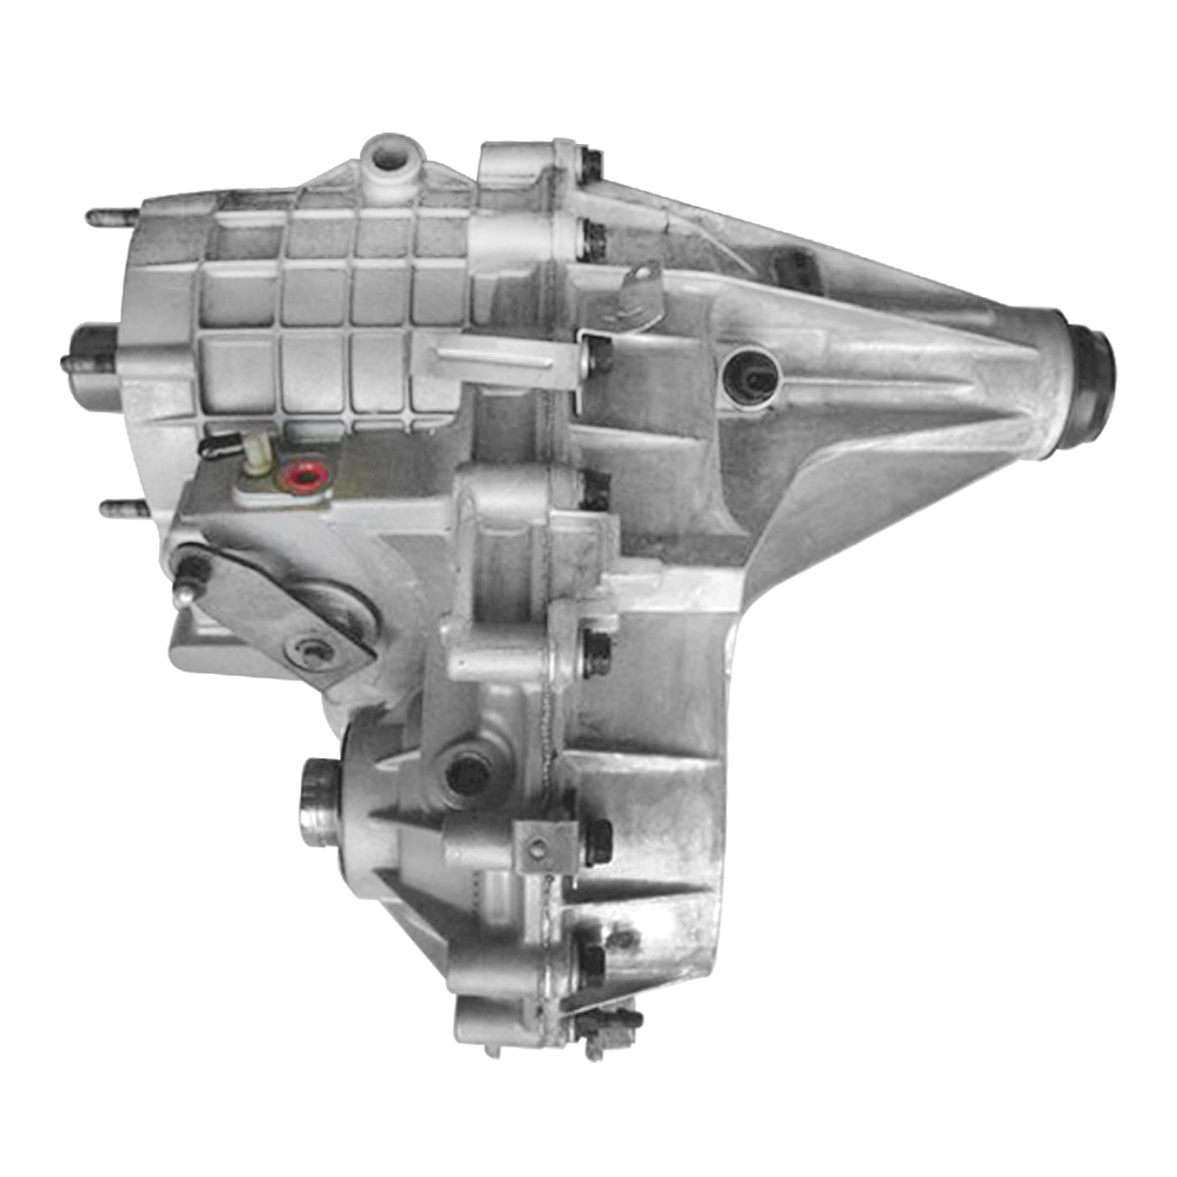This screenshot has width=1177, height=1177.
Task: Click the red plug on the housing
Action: (x=304, y=478)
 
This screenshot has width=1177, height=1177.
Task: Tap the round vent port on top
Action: (x=389, y=155)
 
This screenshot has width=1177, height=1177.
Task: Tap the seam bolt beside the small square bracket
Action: (x=596, y=842)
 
